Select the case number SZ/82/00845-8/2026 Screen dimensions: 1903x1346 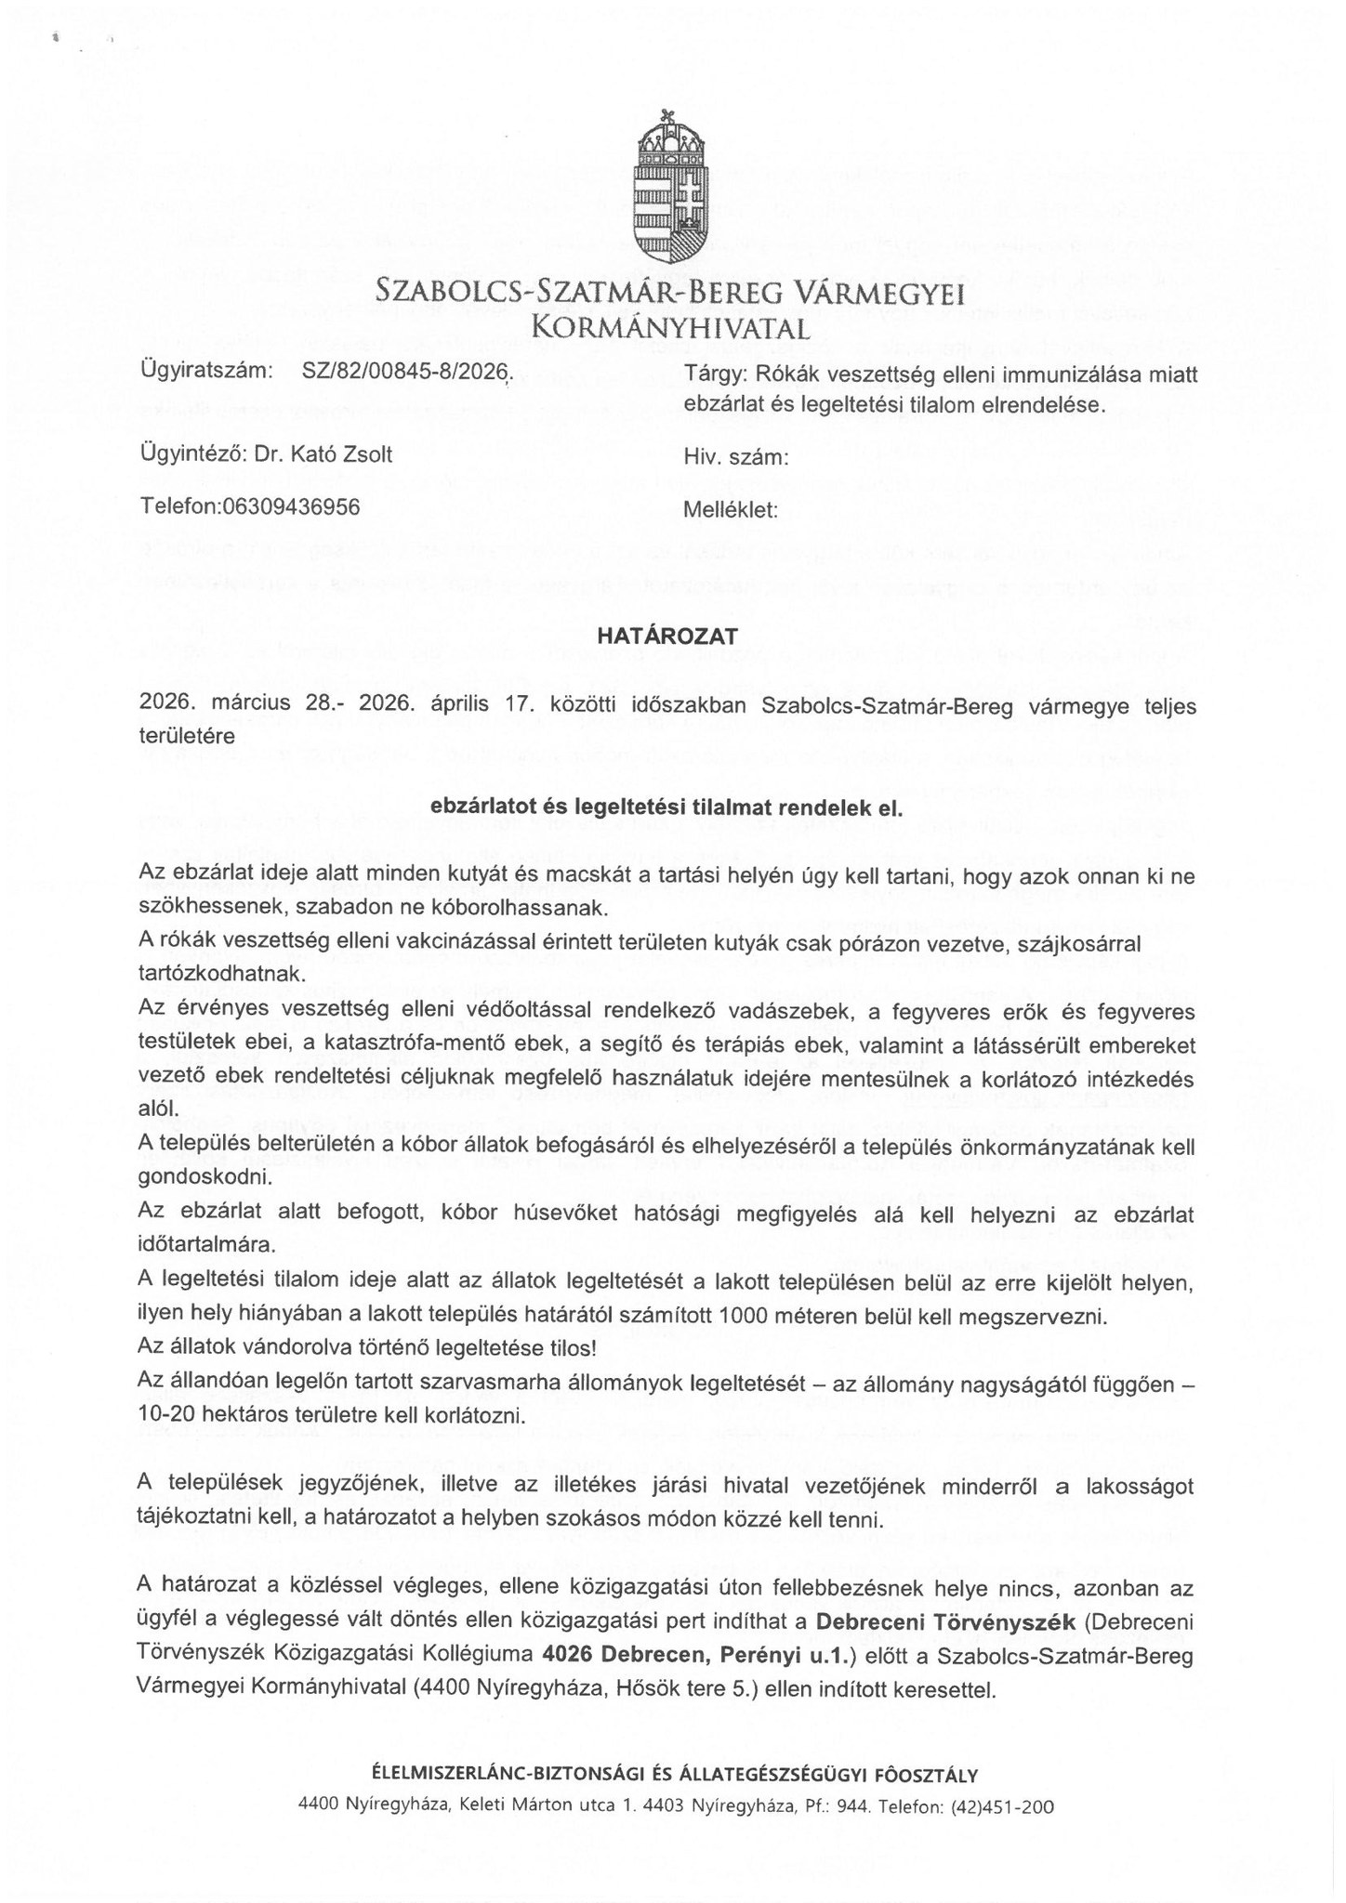pos(406,372)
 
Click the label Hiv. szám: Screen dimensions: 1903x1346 pos(735,457)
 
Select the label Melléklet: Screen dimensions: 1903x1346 pos(730,509)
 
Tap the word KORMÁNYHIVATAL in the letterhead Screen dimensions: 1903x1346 pos(669,327)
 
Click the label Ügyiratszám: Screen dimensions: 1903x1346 pos(205,372)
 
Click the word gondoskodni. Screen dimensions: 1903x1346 pos(194,1178)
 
